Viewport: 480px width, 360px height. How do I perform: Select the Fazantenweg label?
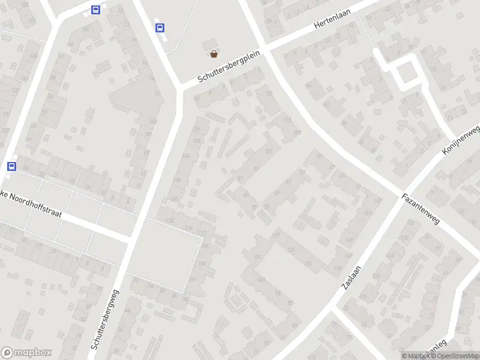point(421,208)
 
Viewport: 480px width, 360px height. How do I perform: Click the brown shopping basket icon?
point(214,54)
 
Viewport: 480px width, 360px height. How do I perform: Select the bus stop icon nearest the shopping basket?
point(160,28)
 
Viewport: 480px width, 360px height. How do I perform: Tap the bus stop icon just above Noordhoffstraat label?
point(11,166)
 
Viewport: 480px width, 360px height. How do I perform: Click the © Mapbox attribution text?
point(416,356)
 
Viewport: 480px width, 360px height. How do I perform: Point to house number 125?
point(292,249)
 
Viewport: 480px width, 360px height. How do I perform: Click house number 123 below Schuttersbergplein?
point(268,94)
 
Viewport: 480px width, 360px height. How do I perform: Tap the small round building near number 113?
point(253,123)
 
